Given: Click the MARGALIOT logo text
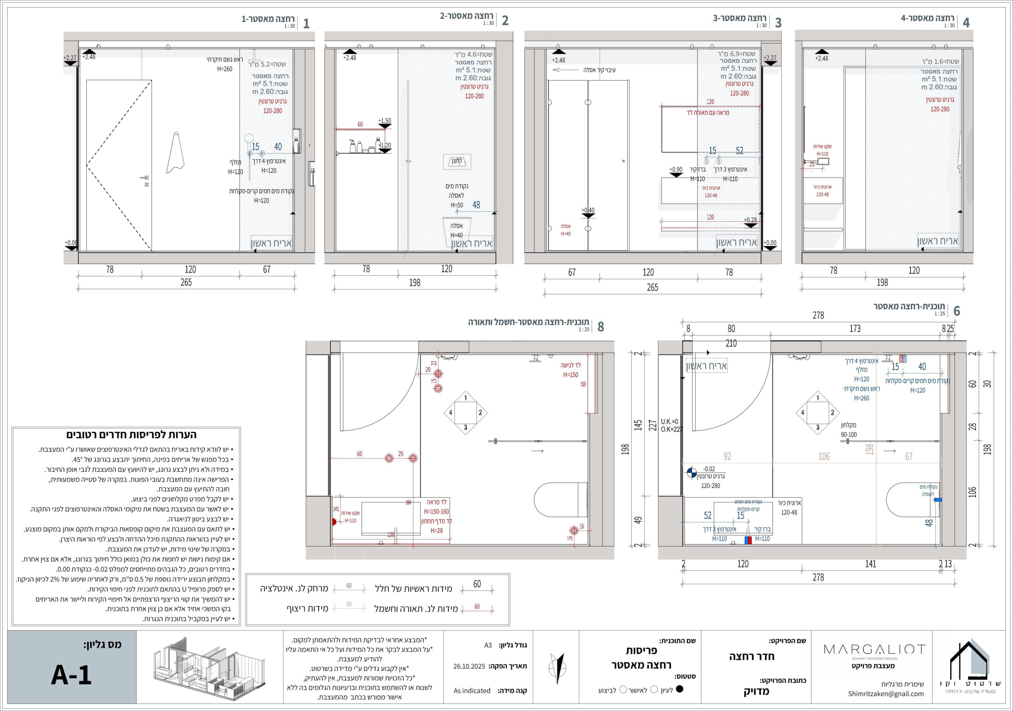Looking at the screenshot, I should [874, 649].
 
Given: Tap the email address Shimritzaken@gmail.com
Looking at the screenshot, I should [886, 694].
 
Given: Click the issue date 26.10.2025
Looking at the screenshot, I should [469, 666].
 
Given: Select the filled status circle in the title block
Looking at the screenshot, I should [679, 689].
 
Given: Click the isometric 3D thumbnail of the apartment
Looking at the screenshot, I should [208, 668].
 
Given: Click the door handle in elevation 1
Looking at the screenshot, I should [144, 177].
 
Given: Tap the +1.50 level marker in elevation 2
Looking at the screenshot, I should [385, 123].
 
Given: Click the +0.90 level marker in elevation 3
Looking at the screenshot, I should [676, 172].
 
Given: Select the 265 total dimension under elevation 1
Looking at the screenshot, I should [186, 282].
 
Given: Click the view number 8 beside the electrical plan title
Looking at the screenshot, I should [600, 326].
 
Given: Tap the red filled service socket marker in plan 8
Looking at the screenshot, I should [334, 522].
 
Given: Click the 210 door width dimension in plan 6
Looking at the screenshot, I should [731, 343].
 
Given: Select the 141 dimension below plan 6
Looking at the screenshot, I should [871, 564].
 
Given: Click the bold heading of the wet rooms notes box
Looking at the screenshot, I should [131, 435].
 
